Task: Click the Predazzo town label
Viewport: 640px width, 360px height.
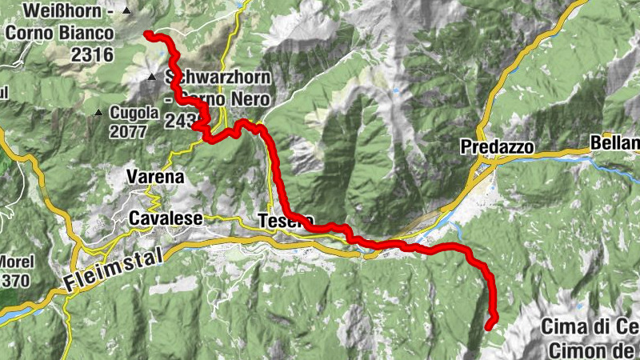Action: click(x=496, y=146)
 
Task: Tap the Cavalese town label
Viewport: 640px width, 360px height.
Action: click(x=166, y=218)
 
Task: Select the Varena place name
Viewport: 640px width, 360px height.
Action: click(x=157, y=176)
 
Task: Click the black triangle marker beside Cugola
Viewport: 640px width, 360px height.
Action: click(x=98, y=113)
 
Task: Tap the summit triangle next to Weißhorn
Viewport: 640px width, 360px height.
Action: click(x=126, y=11)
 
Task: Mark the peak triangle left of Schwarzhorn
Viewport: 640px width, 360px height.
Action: click(x=151, y=78)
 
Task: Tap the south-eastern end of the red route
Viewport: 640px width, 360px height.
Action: click(x=490, y=325)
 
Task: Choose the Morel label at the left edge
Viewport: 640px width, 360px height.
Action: click(x=17, y=262)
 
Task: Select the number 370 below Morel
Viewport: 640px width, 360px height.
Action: click(x=17, y=281)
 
